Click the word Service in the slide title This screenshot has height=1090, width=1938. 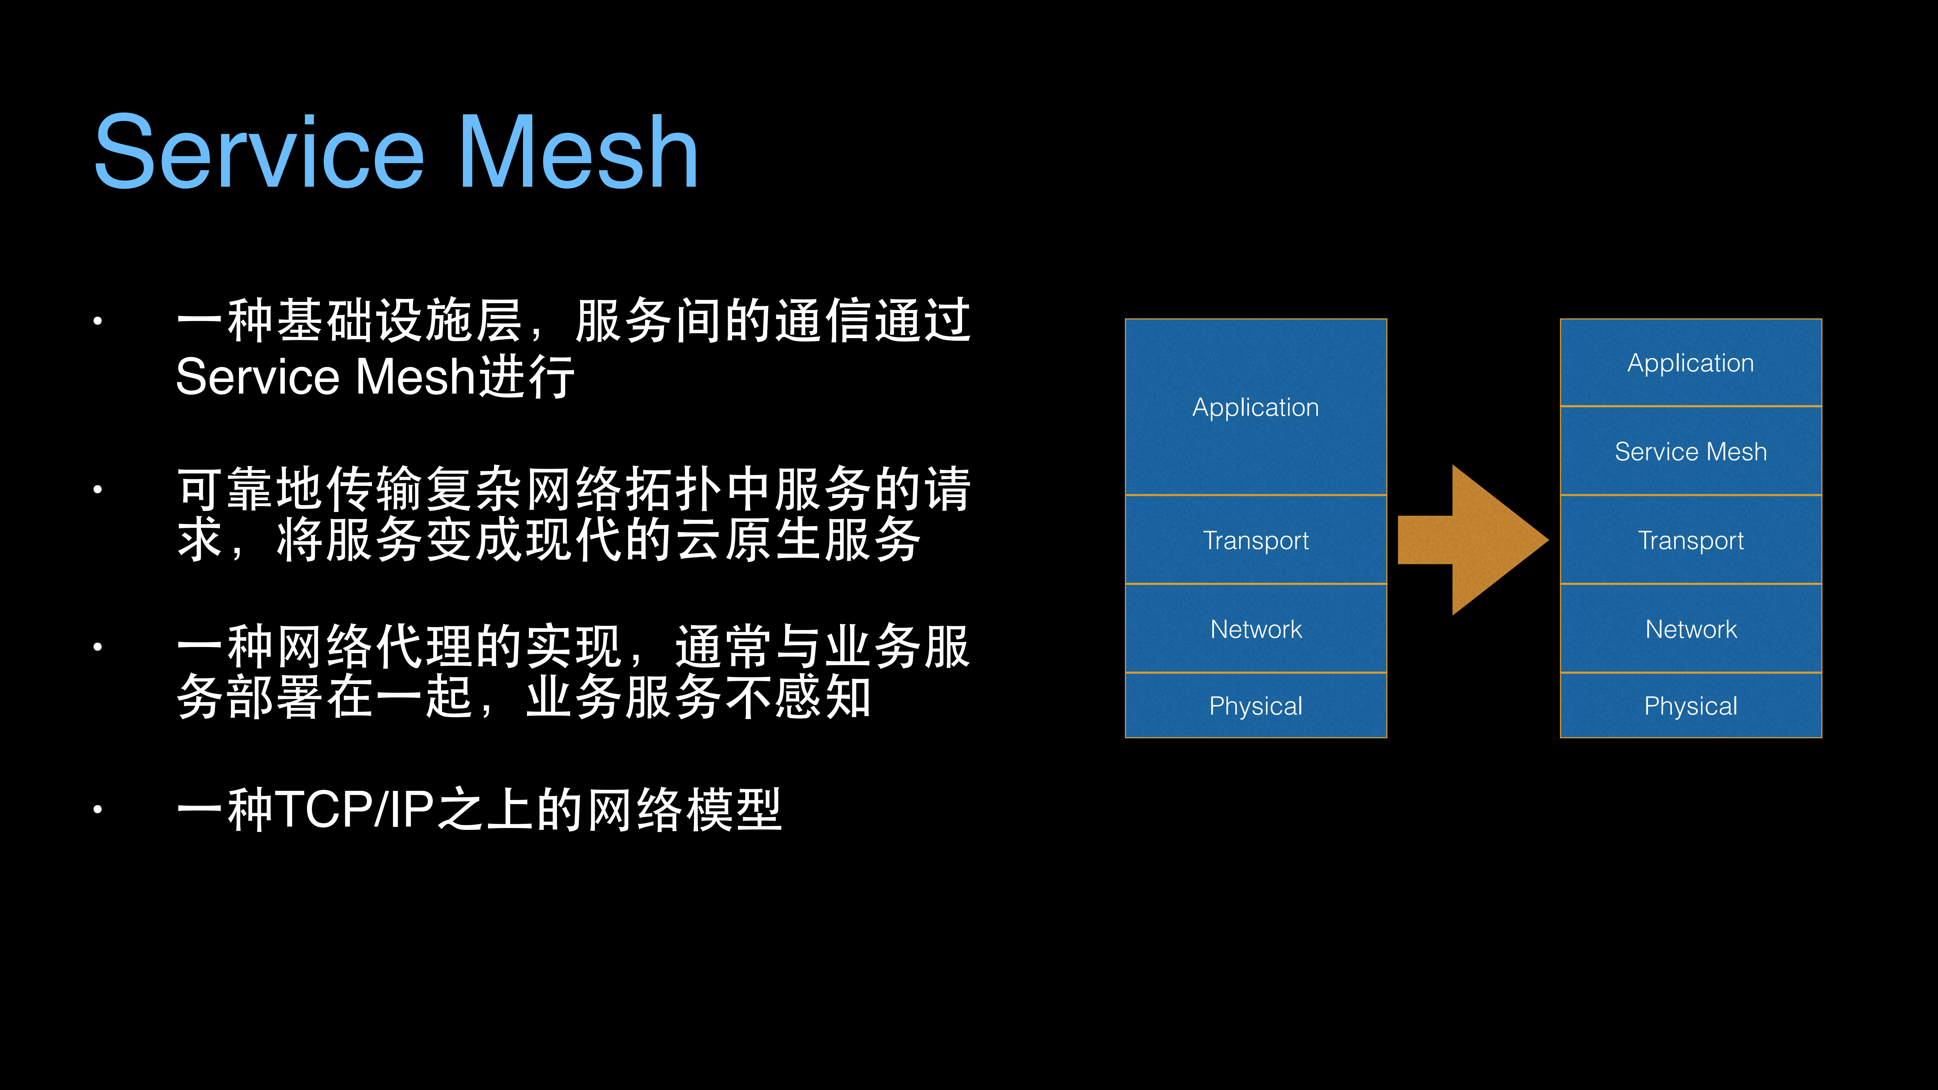(x=260, y=153)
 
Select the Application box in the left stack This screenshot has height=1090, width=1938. (x=1256, y=407)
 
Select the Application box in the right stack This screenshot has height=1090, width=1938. (x=1690, y=363)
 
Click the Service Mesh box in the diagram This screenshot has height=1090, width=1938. (x=1690, y=451)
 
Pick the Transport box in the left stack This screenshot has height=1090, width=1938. (x=1256, y=540)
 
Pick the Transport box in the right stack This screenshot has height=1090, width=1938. (x=1690, y=540)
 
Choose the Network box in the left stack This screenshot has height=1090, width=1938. (x=1256, y=629)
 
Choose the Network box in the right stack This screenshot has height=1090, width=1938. (x=1690, y=629)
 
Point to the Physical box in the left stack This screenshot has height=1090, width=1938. (x=1256, y=706)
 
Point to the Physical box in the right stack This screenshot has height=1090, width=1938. (x=1690, y=706)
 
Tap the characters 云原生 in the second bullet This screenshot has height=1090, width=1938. (x=748, y=540)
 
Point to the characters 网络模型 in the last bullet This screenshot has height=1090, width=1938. (x=684, y=810)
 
